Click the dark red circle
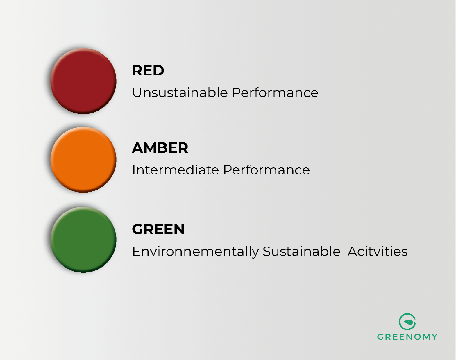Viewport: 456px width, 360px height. [x=83, y=81]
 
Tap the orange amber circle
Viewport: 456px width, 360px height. [x=83, y=160]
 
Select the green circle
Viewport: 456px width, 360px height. [x=83, y=240]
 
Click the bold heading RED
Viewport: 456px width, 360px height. [x=148, y=70]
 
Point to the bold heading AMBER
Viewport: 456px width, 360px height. [x=160, y=148]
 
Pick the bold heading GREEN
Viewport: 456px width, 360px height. [x=158, y=229]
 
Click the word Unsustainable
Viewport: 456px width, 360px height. [x=180, y=93]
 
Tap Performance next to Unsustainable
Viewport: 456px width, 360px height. [x=275, y=93]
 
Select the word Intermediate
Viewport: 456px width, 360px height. [x=176, y=170]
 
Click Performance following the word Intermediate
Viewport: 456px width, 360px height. [x=267, y=170]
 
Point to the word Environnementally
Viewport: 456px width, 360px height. [x=195, y=252]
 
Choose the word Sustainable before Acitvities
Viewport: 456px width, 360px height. [x=301, y=252]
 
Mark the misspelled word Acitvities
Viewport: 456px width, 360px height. [x=378, y=252]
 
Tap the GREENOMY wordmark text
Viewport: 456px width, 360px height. [x=407, y=337]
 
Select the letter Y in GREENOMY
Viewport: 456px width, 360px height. [x=434, y=337]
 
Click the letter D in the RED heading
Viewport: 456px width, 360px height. [x=159, y=70]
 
